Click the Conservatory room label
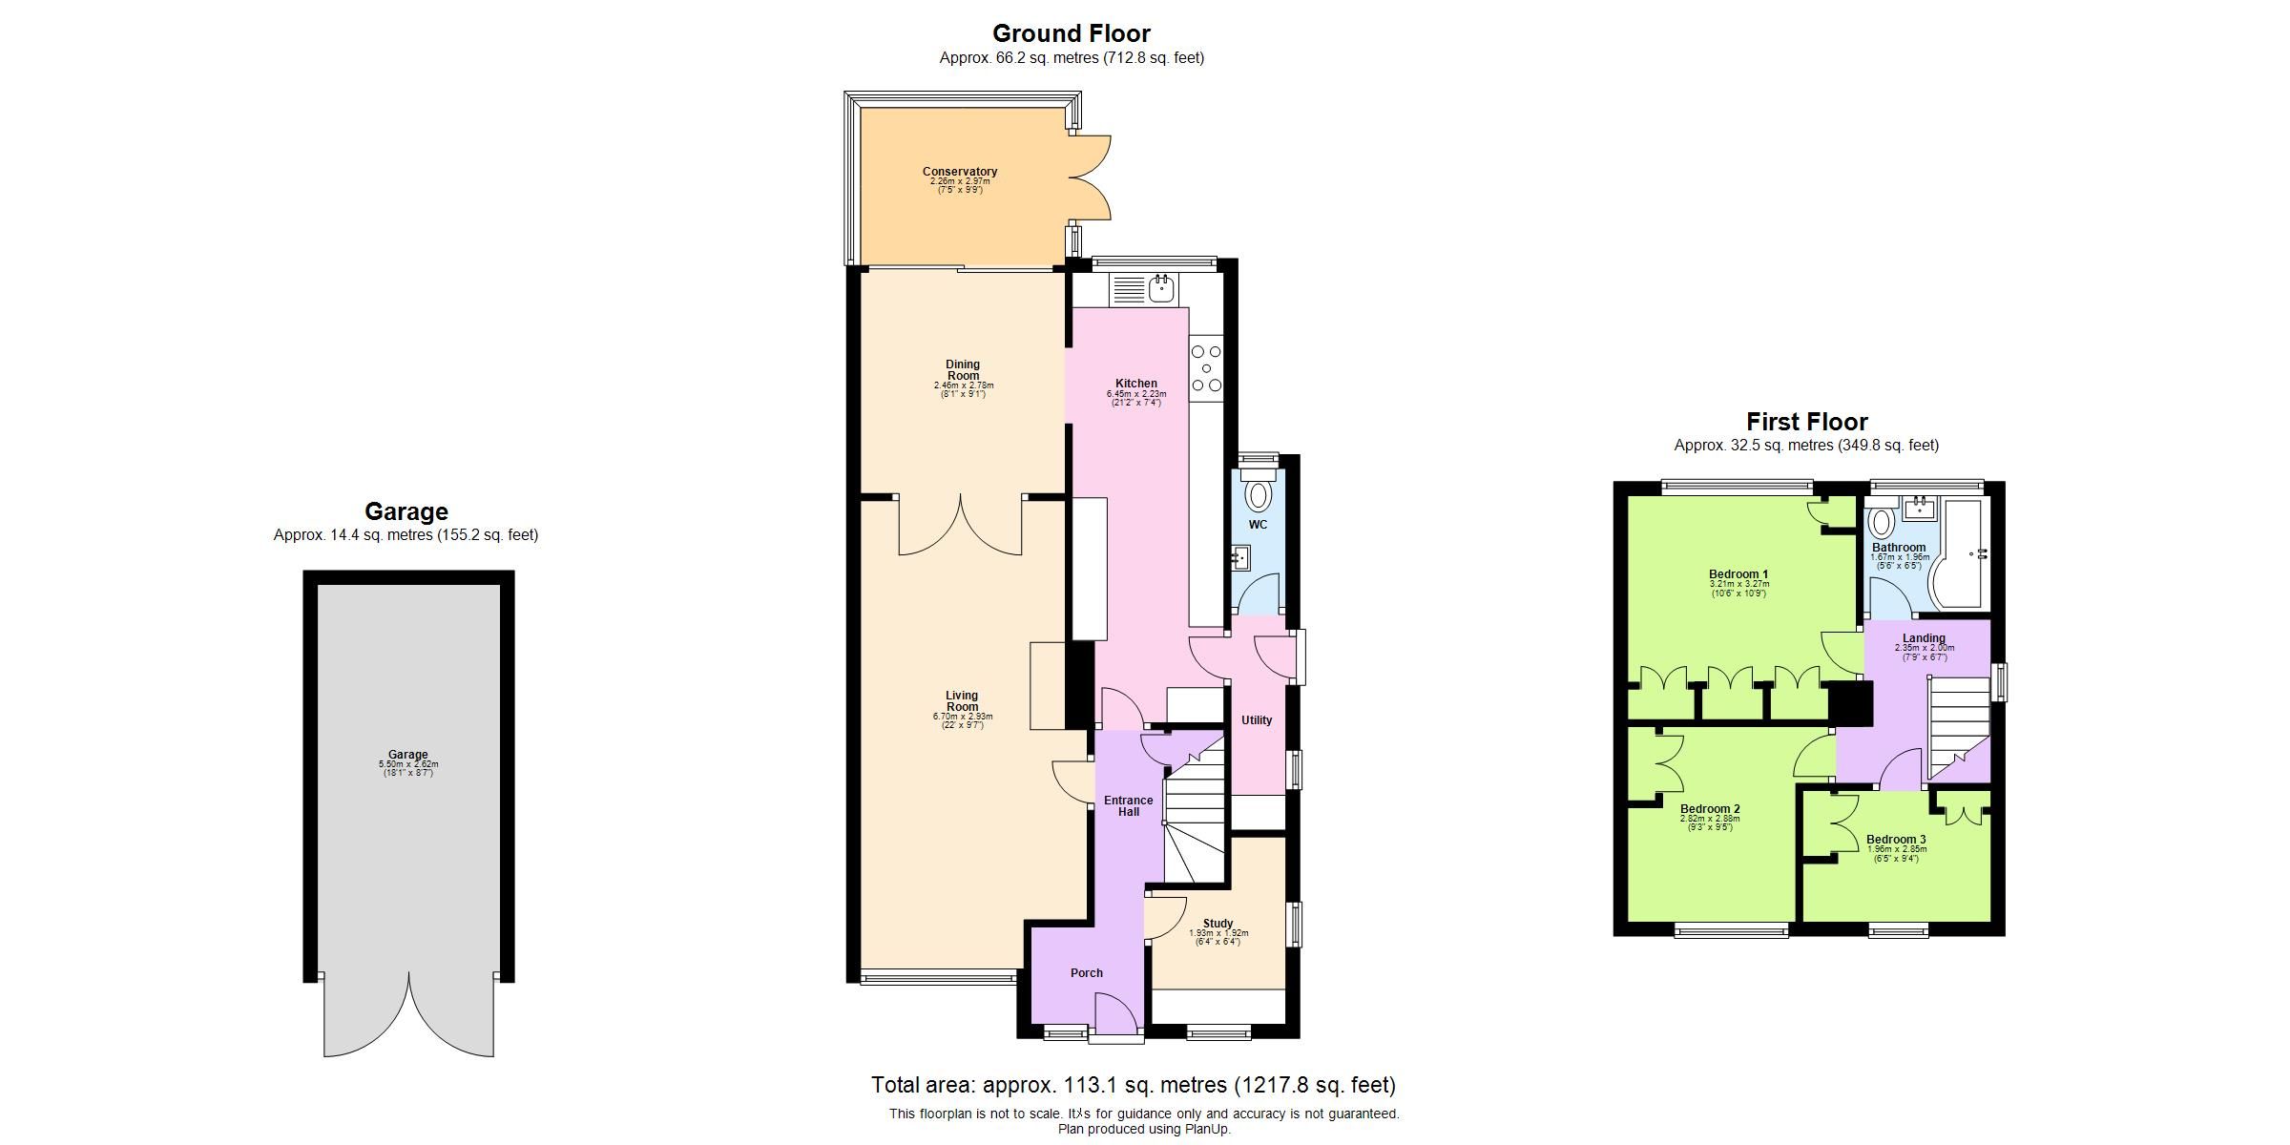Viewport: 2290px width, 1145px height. [959, 172]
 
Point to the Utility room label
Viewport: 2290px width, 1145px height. [1256, 720]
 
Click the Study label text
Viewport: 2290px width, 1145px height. [1218, 924]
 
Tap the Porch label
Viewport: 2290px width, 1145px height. [1086, 973]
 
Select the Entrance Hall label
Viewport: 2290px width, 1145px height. [1129, 806]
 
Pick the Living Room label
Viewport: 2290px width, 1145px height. [962, 701]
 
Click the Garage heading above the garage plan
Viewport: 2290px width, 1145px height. [406, 511]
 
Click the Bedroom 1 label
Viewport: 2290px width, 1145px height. [1738, 574]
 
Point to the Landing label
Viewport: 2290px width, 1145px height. [1923, 638]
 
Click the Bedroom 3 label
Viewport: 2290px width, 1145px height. [1896, 840]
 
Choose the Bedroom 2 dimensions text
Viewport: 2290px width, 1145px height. [1709, 819]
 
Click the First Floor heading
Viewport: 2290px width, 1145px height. [1806, 422]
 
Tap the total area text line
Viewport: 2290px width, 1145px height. [1133, 1085]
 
